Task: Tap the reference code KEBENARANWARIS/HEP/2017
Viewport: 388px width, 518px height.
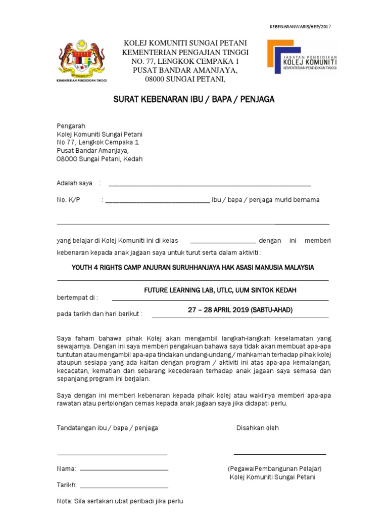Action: click(300, 27)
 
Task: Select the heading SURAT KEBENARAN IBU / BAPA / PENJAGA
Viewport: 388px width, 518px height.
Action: click(193, 99)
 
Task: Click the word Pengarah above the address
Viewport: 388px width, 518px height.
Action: click(71, 126)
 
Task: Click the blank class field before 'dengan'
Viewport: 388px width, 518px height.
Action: click(223, 242)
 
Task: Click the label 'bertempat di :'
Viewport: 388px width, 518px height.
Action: click(77, 297)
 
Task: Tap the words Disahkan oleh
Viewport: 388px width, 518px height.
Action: click(257, 428)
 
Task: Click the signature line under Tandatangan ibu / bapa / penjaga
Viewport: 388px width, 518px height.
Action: click(112, 454)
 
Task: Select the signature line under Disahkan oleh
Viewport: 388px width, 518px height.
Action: click(279, 454)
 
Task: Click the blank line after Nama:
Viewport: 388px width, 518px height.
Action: click(124, 470)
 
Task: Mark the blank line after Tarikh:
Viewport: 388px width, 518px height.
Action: click(124, 487)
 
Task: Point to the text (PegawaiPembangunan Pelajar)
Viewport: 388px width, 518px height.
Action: click(275, 468)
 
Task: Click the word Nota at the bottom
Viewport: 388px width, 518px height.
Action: click(64, 502)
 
